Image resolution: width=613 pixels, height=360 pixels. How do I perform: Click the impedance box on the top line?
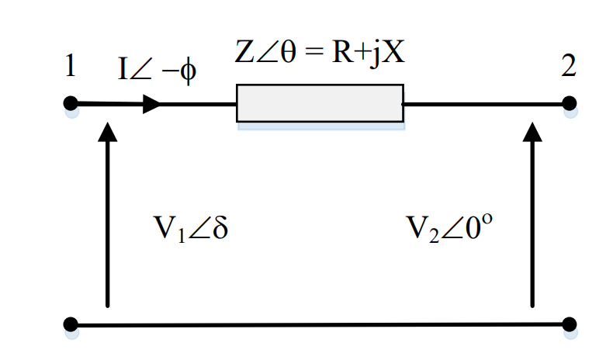[x=320, y=103]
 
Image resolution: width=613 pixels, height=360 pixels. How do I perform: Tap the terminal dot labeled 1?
[x=71, y=103]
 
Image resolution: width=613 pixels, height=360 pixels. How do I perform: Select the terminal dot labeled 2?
[x=569, y=103]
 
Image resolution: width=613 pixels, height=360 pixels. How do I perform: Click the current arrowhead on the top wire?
[x=151, y=104]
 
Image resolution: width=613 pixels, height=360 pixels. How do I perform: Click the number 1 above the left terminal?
[x=70, y=67]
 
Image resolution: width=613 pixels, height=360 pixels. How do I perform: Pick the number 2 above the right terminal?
[x=569, y=67]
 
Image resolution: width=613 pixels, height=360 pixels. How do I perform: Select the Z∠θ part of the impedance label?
[x=264, y=54]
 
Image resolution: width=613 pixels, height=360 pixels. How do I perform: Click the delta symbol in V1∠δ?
[x=219, y=229]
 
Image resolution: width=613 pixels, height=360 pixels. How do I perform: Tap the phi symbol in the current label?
[x=187, y=72]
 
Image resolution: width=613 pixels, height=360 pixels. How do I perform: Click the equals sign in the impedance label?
[x=310, y=55]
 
